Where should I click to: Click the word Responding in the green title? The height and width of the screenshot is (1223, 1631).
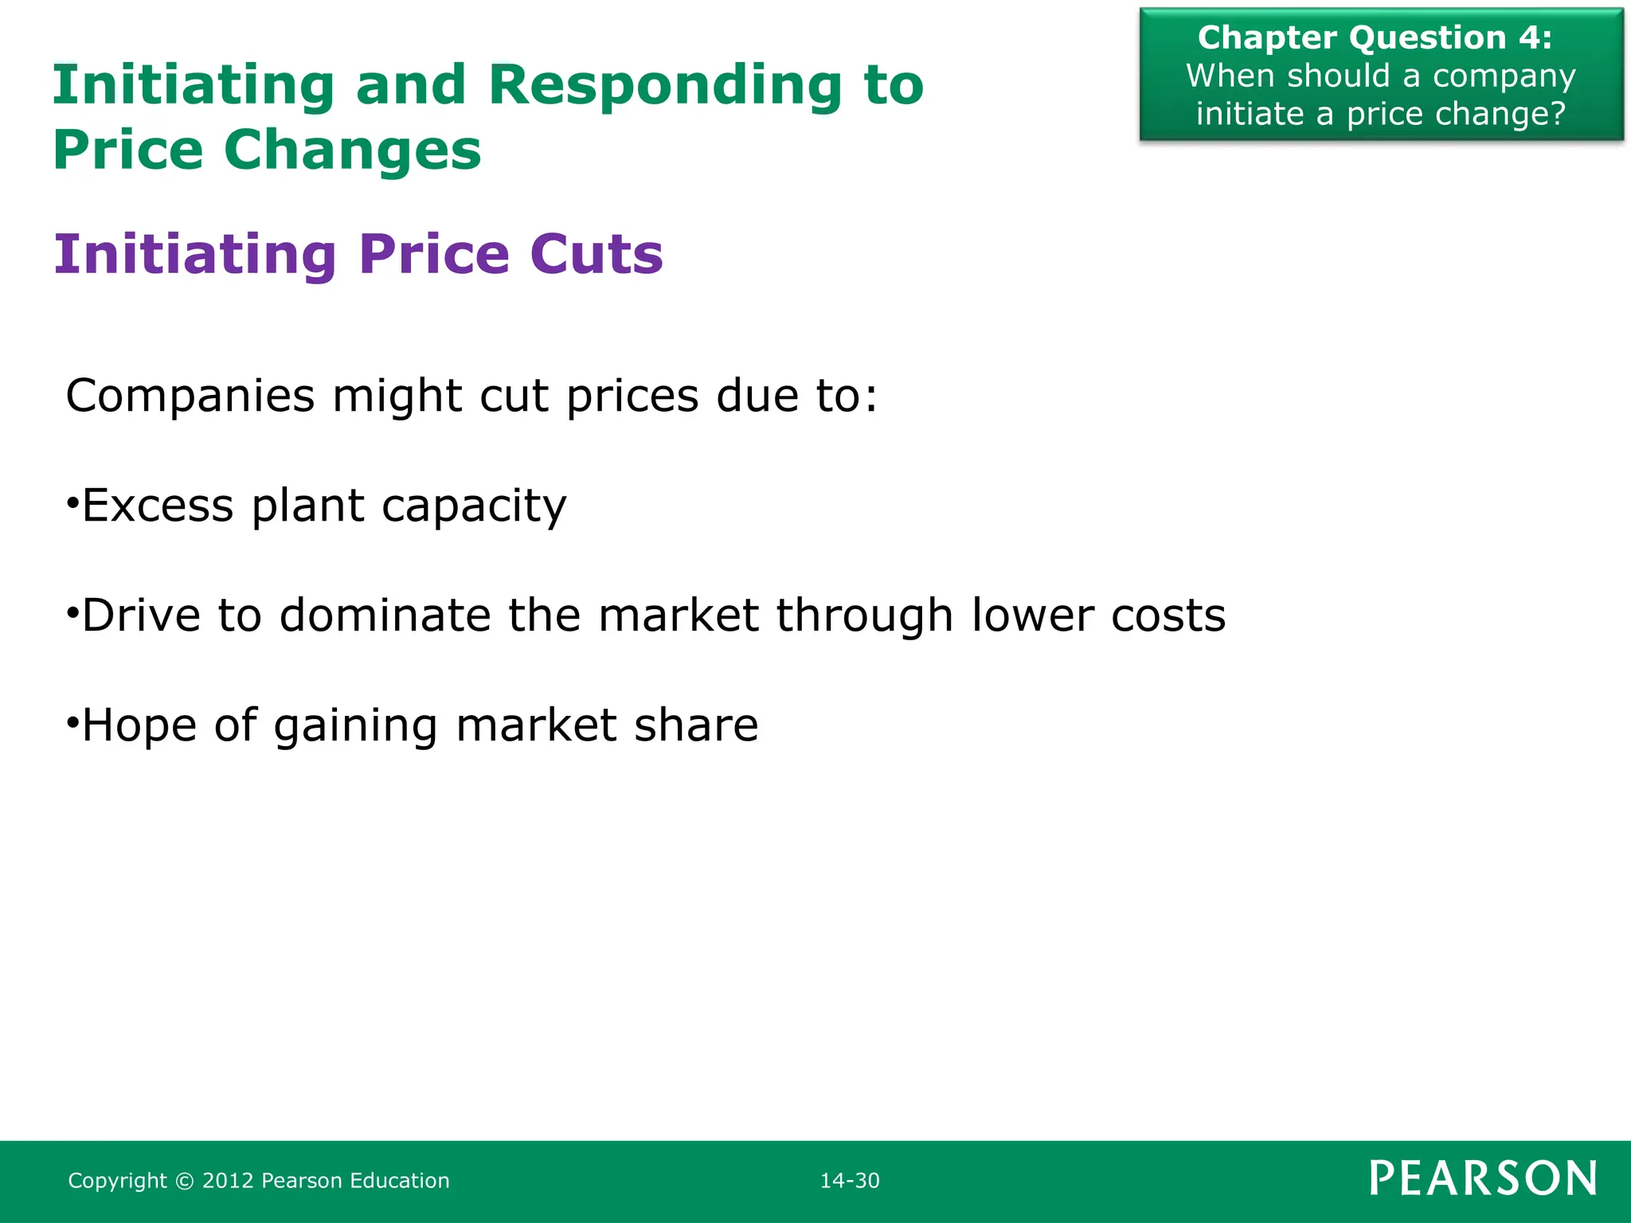664,86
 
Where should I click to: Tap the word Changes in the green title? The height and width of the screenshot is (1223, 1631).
352,151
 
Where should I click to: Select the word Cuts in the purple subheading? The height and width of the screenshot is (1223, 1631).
596,255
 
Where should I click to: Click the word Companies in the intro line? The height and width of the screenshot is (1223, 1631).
190,396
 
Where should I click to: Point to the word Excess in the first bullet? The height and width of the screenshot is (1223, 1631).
158,506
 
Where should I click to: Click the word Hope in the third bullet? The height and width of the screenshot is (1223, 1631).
139,725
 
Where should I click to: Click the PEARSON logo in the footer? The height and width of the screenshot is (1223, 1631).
1483,1178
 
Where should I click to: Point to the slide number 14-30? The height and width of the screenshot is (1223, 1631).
850,1181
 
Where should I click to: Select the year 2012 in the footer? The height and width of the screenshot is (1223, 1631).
228,1181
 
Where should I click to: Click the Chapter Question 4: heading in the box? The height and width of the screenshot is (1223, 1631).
1375,38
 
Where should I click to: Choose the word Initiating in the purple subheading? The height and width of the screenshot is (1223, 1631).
196,255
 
